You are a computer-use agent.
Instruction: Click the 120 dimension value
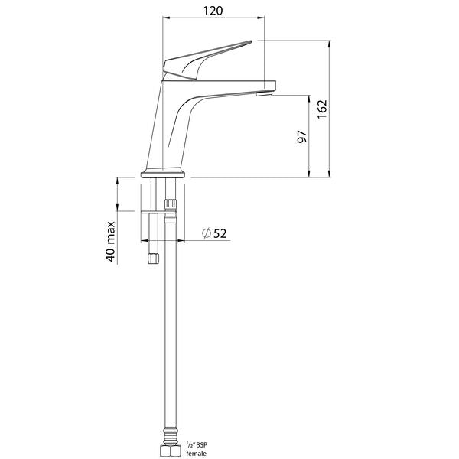pyautogui.click(x=213, y=11)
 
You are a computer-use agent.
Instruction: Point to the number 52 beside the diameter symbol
pyautogui.click(x=220, y=233)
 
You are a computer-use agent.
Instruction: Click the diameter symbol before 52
pyautogui.click(x=206, y=233)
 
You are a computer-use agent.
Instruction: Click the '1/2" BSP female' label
pyautogui.click(x=196, y=448)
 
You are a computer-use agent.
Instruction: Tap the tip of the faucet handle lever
pyautogui.click(x=249, y=43)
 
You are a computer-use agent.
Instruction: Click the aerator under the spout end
pyautogui.click(x=263, y=94)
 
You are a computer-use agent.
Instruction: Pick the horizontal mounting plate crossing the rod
pyautogui.click(x=151, y=211)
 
